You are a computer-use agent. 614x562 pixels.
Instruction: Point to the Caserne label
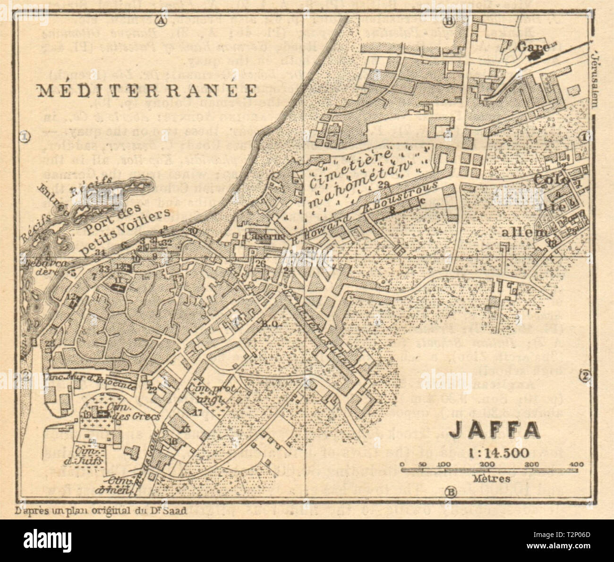tap(258, 236)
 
